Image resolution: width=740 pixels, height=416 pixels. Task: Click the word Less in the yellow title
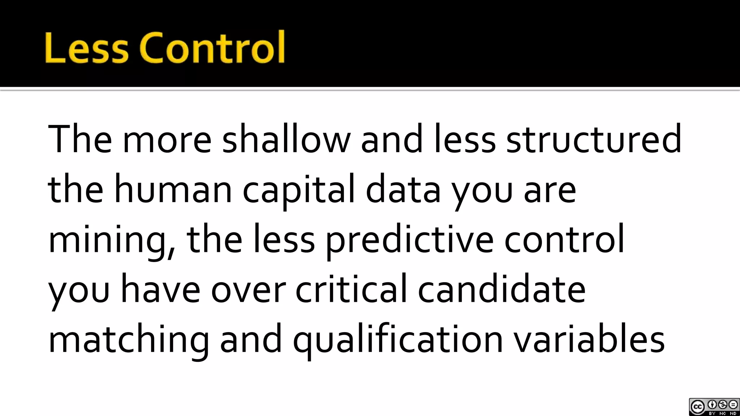pyautogui.click(x=87, y=48)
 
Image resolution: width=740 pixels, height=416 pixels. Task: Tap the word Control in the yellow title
pyautogui.click(x=212, y=48)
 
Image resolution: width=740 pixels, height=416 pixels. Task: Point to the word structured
pyautogui.click(x=594, y=139)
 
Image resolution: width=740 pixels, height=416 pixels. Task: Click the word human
pyautogui.click(x=173, y=190)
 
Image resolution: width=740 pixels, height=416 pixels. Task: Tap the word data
pyautogui.click(x=403, y=190)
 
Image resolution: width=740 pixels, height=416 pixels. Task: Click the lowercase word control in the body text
pyautogui.click(x=564, y=239)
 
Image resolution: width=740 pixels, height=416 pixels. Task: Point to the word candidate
pyautogui.click(x=502, y=289)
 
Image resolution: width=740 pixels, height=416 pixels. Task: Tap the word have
pyautogui.click(x=160, y=289)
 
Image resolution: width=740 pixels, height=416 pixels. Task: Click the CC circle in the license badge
pyautogui.click(x=697, y=407)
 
